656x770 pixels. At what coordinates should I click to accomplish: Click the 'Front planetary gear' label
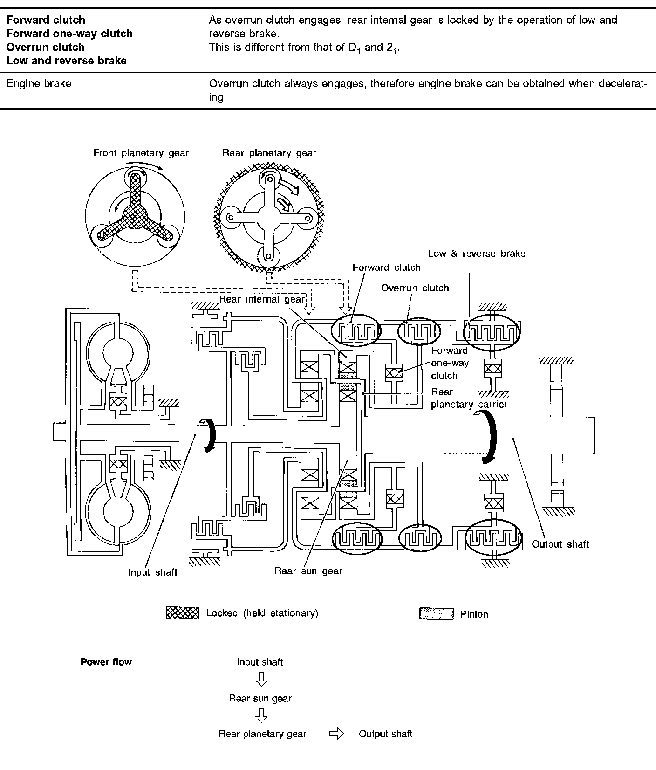pyautogui.click(x=141, y=153)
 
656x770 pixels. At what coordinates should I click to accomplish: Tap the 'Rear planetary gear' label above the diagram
pyautogui.click(x=269, y=153)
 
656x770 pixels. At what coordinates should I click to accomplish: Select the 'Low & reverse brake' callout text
pyautogui.click(x=477, y=254)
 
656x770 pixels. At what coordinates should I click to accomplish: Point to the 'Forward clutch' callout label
pyautogui.click(x=386, y=268)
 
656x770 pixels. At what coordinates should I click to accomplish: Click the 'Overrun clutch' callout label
pyautogui.click(x=415, y=288)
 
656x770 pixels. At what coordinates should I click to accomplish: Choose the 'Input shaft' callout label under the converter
pyautogui.click(x=153, y=572)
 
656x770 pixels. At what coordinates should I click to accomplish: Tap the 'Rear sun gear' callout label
pyautogui.click(x=308, y=571)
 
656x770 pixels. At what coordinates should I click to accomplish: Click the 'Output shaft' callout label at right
pyautogui.click(x=560, y=544)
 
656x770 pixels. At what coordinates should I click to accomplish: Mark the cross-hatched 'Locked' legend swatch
pyautogui.click(x=182, y=613)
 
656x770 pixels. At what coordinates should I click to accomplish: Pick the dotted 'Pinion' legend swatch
pyautogui.click(x=437, y=614)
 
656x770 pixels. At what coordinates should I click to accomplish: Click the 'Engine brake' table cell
pyautogui.click(x=39, y=84)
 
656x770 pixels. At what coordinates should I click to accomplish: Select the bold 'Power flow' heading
pyautogui.click(x=106, y=662)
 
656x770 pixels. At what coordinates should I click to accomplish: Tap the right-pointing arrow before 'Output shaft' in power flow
pyautogui.click(x=336, y=734)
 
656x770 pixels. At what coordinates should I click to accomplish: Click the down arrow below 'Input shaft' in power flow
pyautogui.click(x=261, y=681)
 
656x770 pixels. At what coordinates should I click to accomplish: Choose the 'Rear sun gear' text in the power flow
pyautogui.click(x=260, y=698)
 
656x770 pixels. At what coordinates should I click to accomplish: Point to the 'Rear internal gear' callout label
pyautogui.click(x=262, y=299)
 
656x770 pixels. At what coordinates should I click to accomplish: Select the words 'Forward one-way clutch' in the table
pyautogui.click(x=69, y=34)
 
